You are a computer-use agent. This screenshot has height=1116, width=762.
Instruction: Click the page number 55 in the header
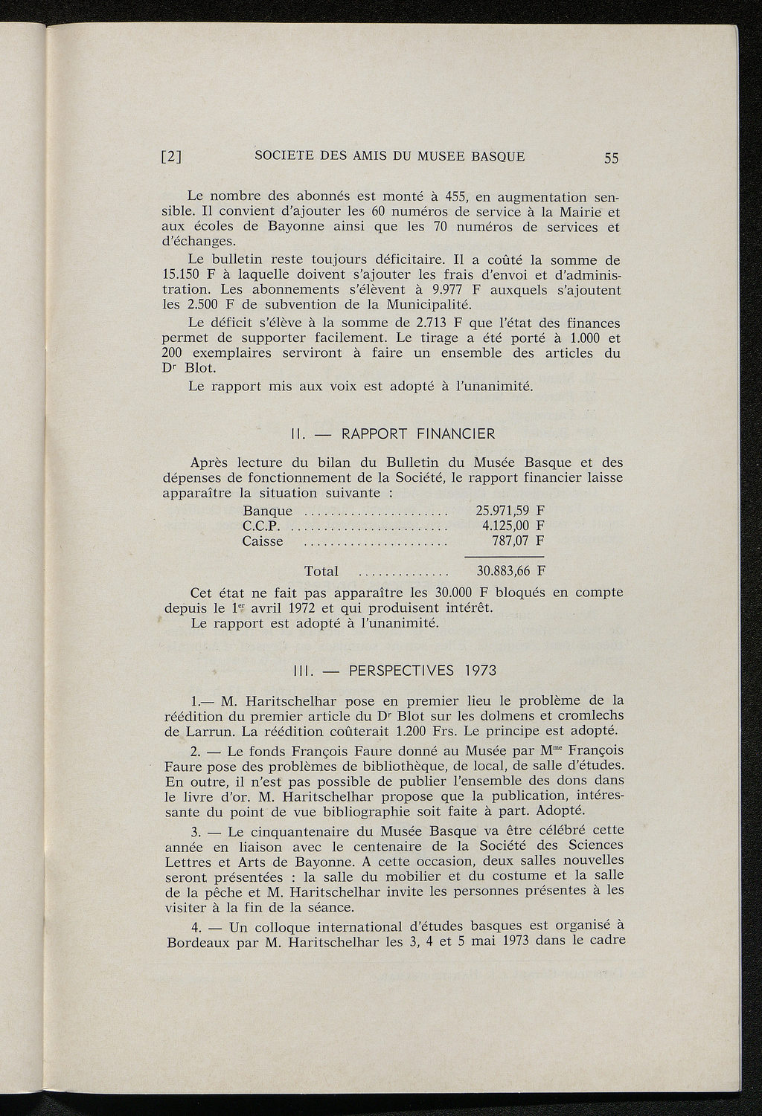(x=612, y=158)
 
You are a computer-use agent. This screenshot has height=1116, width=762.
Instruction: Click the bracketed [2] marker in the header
(x=173, y=158)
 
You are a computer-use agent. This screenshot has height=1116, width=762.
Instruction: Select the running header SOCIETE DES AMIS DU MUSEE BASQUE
(x=389, y=156)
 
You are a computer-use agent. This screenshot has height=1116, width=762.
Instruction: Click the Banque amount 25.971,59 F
(x=509, y=511)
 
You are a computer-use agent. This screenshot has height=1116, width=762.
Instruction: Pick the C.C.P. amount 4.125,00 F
(x=513, y=526)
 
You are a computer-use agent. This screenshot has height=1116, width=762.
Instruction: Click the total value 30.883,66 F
(x=509, y=571)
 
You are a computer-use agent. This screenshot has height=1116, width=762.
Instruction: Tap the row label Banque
(x=267, y=512)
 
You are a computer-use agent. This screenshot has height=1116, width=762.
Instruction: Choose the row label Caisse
(x=263, y=541)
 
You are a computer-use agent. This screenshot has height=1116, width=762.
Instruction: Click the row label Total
(x=321, y=572)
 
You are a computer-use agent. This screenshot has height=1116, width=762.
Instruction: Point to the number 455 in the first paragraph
(x=450, y=197)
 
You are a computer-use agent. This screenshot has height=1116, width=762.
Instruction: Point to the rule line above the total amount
(x=504, y=556)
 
